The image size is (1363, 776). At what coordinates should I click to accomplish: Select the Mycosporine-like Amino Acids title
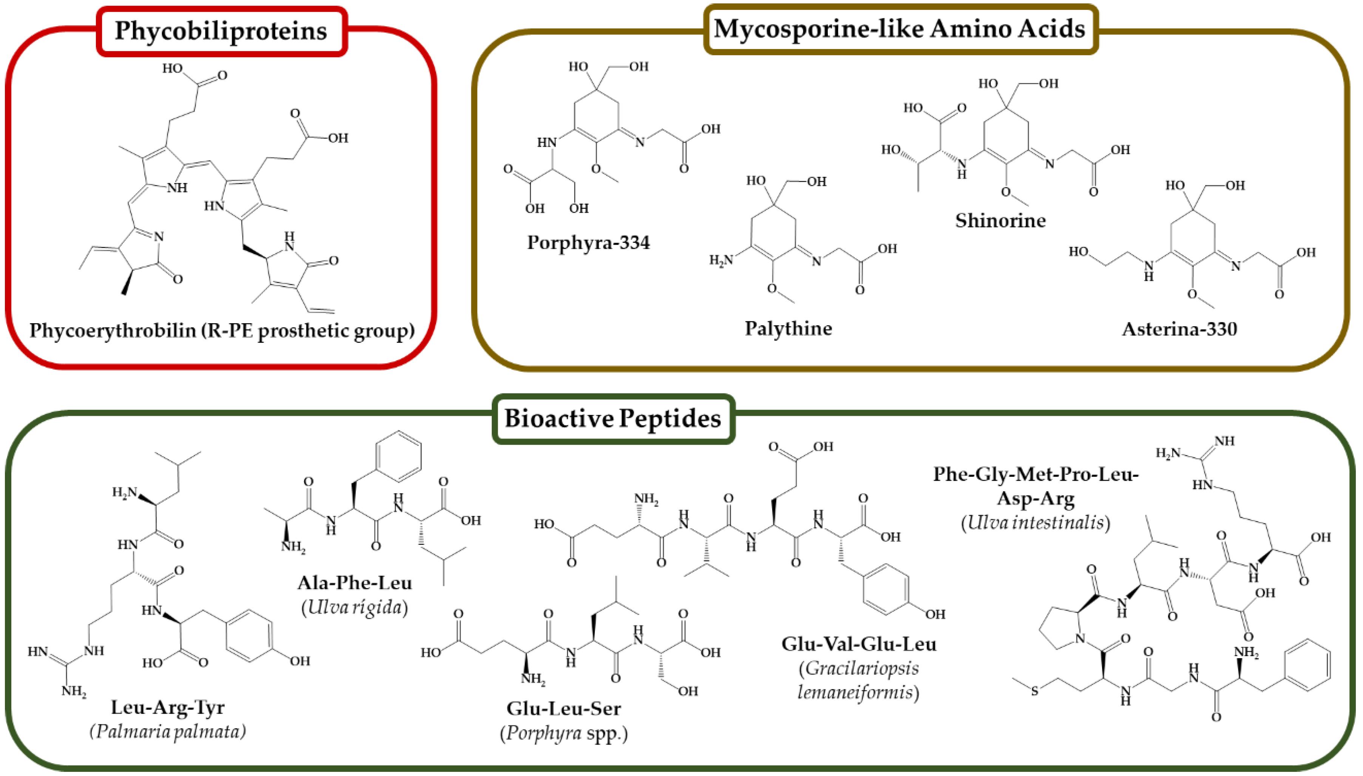pos(899,29)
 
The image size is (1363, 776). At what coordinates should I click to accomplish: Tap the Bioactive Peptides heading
pos(613,418)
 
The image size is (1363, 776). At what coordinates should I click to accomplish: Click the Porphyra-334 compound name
pos(588,242)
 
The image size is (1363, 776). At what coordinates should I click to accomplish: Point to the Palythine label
pos(788,328)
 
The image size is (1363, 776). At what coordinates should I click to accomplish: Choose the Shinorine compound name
pos(1000,221)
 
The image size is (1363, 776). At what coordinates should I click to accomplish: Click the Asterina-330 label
pos(1179,329)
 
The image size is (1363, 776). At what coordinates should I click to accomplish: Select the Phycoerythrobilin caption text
pos(222,330)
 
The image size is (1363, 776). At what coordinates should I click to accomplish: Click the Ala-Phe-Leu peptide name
pos(355,583)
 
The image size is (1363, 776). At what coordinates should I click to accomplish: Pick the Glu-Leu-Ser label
pos(563,708)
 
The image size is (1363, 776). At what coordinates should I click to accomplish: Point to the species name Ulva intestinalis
pos(1035,522)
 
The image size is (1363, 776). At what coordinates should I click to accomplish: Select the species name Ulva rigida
pos(355,607)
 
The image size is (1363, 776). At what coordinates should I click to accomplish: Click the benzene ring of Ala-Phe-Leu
pos(399,457)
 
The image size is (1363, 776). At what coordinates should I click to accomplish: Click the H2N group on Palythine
pos(721,260)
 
